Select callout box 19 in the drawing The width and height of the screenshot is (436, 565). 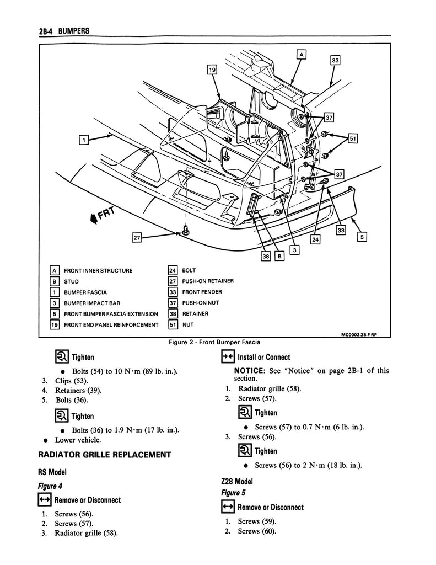click(212, 70)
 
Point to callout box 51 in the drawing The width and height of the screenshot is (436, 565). click(353, 139)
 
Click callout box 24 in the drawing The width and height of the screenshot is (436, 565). click(315, 239)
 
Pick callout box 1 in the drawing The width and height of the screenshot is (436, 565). click(83, 140)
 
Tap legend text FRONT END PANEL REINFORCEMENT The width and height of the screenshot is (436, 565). click(111, 325)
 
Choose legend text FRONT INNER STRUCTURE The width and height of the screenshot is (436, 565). click(98, 271)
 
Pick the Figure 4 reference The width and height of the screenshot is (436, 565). click(48, 486)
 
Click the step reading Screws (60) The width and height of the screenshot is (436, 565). click(257, 531)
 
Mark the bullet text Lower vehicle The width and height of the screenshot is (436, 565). click(77, 440)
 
